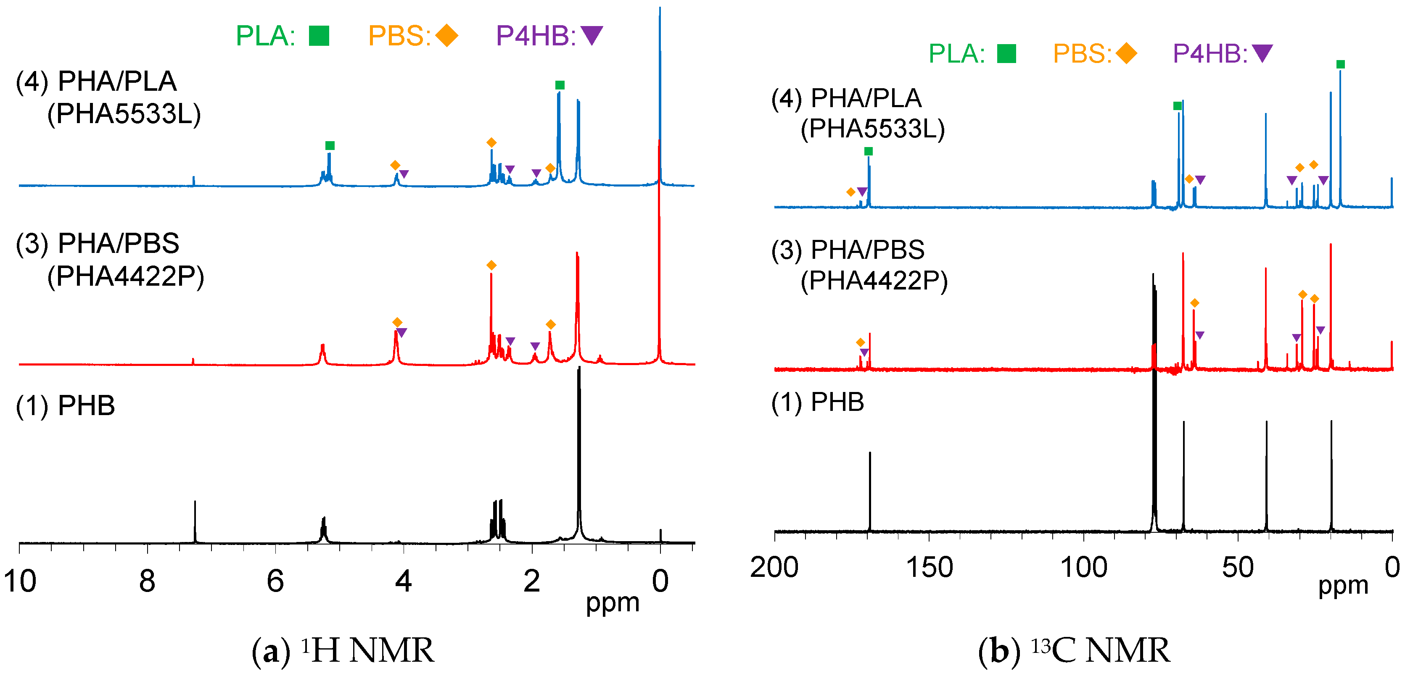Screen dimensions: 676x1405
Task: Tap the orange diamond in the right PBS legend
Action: pyautogui.click(x=1126, y=53)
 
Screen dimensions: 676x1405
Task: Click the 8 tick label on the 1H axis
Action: pyautogui.click(x=147, y=581)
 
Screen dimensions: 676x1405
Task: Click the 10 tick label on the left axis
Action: pyautogui.click(x=20, y=581)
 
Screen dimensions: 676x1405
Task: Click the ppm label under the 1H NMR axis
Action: pyautogui.click(x=613, y=603)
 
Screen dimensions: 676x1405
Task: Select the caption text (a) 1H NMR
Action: pyautogui.click(x=343, y=650)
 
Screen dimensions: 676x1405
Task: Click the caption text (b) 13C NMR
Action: pyautogui.click(x=1073, y=650)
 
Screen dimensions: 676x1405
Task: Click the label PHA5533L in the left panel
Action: pyautogui.click(x=124, y=114)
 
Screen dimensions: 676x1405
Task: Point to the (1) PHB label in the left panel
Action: pyautogui.click(x=66, y=405)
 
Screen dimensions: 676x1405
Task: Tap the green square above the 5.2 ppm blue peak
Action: pyautogui.click(x=330, y=145)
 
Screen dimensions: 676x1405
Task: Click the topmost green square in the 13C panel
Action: pyautogui.click(x=1341, y=64)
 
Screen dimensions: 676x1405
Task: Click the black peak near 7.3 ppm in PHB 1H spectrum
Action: pyautogui.click(x=195, y=521)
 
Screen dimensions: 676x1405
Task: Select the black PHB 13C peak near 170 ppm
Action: pyautogui.click(x=870, y=491)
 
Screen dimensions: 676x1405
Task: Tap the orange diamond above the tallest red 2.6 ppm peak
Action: pyautogui.click(x=491, y=266)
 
